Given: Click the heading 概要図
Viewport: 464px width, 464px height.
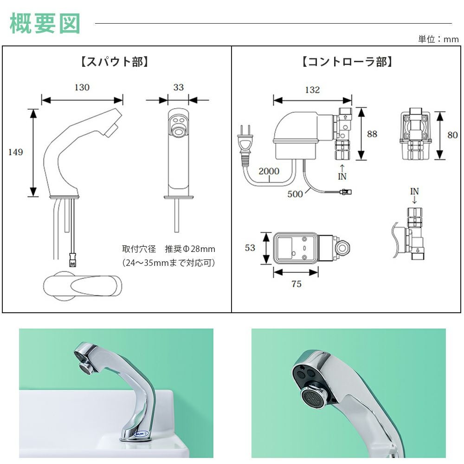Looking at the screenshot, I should point(45,23).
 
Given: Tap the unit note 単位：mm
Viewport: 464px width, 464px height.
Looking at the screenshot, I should point(438,39).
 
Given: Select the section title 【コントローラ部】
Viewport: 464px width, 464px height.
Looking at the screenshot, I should point(347,62).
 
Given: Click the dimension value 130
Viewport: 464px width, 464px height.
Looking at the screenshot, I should point(82,87).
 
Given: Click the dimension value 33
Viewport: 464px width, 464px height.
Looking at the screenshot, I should point(178,87).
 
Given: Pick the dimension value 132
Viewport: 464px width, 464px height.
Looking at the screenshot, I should point(312,90).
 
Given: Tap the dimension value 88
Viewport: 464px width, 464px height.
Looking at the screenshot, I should point(372,134).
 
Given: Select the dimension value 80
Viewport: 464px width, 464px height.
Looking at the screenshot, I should point(452,135).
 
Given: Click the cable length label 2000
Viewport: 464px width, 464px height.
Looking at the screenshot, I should point(269,171).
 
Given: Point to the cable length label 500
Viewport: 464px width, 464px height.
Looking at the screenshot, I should point(295,194).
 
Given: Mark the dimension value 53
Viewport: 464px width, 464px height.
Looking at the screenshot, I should point(250,248).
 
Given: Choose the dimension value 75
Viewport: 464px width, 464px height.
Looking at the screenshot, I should point(296,284).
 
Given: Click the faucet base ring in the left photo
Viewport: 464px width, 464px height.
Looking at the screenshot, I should point(135,437).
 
